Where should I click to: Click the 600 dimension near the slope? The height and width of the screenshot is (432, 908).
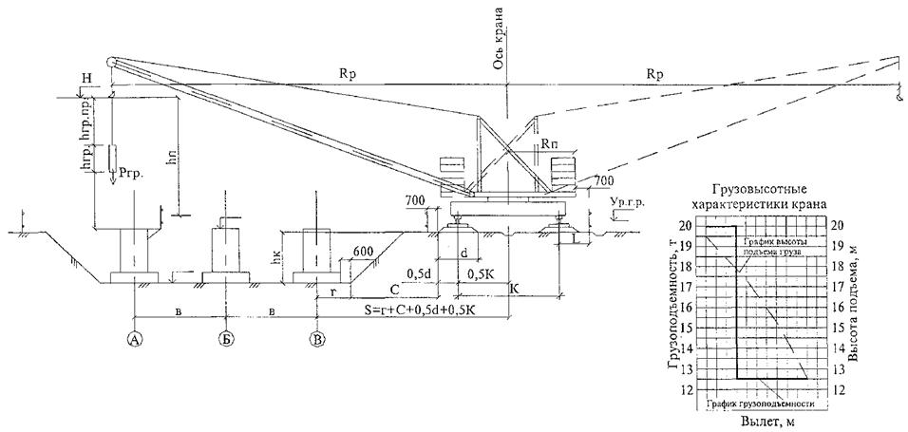point(361,251)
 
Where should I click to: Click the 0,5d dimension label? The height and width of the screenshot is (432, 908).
point(420,273)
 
